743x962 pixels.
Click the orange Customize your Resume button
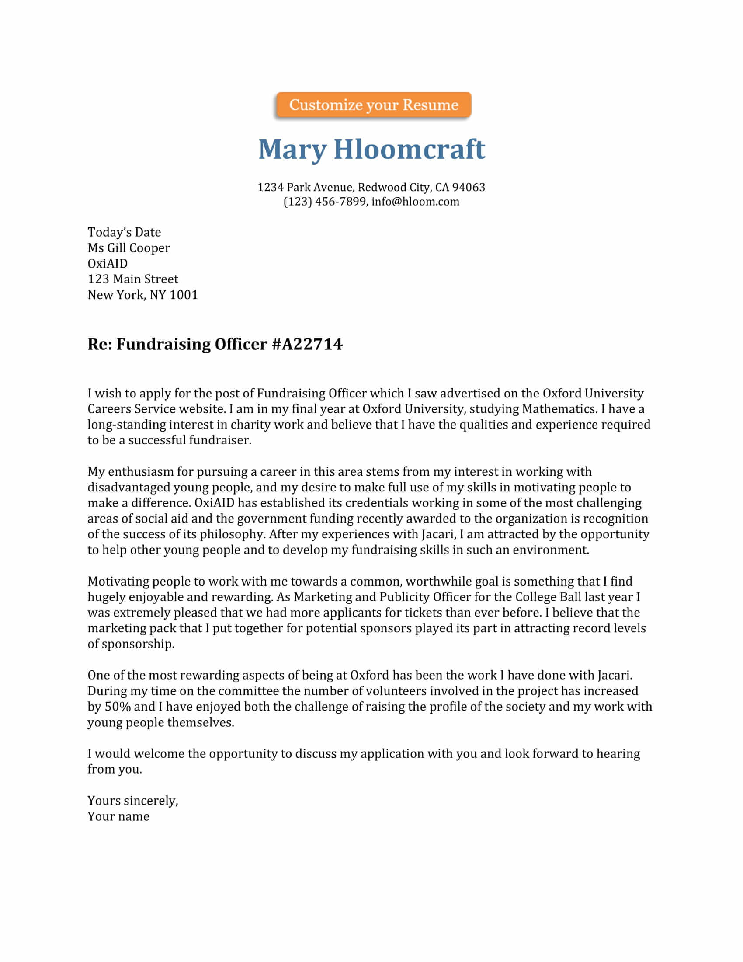[374, 105]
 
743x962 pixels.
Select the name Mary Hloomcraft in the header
[371, 149]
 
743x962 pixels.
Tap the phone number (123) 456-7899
[324, 202]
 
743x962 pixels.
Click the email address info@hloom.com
[415, 202]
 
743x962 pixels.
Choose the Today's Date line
[124, 232]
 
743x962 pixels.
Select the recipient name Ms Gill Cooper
[128, 248]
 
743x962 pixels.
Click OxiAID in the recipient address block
[108, 263]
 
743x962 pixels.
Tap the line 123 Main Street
[132, 279]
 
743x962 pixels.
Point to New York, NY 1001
[142, 295]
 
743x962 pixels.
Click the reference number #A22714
[307, 344]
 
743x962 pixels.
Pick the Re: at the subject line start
[100, 344]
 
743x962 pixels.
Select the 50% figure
[118, 707]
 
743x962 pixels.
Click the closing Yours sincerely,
[132, 800]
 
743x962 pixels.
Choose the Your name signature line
[118, 816]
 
